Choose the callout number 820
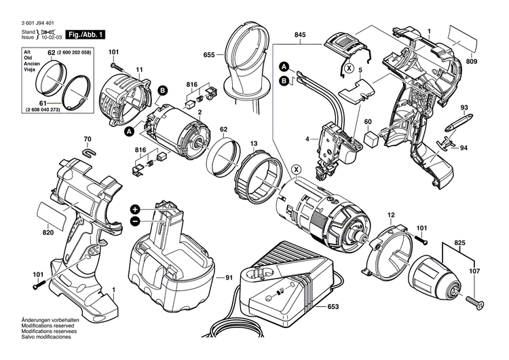tap(48, 232)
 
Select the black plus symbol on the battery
tap(135, 209)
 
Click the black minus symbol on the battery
tap(135, 221)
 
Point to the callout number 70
tap(86, 141)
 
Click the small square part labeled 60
tap(371, 136)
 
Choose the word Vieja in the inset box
tap(27, 71)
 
